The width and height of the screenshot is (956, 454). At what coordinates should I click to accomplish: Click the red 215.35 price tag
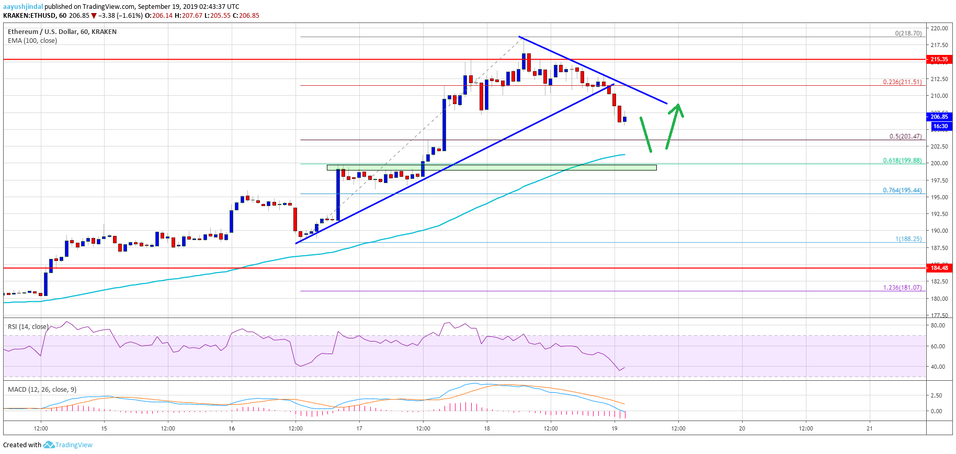[x=939, y=60]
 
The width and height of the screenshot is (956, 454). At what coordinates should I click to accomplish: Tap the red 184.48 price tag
[x=939, y=268]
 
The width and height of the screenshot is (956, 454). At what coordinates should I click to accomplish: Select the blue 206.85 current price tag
[x=939, y=117]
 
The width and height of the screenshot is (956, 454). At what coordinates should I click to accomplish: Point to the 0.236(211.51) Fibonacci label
[x=902, y=82]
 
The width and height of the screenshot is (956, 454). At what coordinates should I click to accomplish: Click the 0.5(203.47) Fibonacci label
[x=905, y=137]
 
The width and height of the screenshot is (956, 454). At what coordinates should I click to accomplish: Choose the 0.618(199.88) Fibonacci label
[x=902, y=161]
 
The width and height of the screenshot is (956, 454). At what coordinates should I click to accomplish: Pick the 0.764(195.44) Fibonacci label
[x=902, y=190]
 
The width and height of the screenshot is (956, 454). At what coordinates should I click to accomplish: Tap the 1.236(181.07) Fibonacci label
[x=902, y=288]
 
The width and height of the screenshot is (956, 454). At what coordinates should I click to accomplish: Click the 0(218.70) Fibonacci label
[x=908, y=33]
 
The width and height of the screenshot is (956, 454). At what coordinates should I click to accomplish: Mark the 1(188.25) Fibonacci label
[x=908, y=239]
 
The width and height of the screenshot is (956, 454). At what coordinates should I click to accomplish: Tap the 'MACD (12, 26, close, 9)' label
[x=42, y=390]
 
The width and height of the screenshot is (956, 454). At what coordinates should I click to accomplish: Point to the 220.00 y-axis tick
[x=939, y=28]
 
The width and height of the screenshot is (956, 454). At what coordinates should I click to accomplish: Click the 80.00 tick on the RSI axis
[x=938, y=325]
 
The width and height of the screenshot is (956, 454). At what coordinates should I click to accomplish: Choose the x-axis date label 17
[x=359, y=428]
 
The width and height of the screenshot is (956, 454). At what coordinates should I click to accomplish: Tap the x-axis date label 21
[x=870, y=428]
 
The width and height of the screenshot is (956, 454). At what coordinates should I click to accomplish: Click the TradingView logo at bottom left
[x=68, y=445]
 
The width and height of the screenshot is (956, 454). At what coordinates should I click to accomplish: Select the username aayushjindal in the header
[x=23, y=7]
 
